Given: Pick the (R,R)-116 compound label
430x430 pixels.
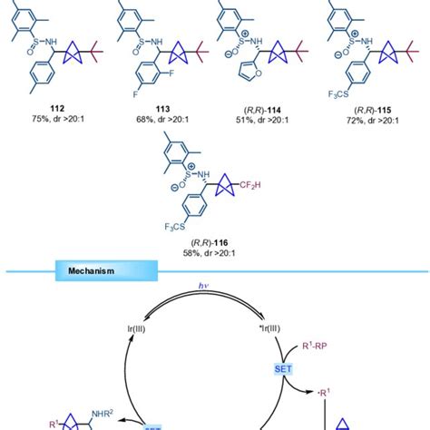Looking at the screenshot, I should [215, 235].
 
